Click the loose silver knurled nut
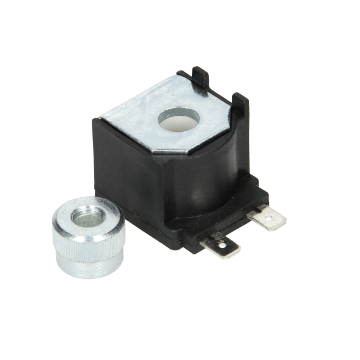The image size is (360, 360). coord(88,235)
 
